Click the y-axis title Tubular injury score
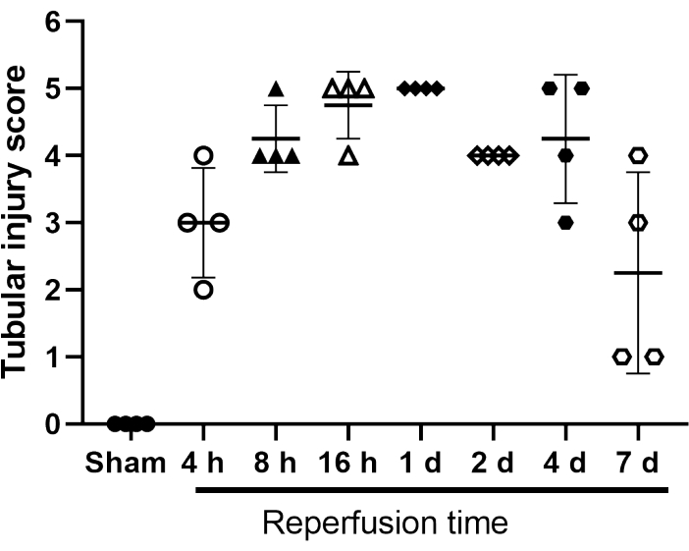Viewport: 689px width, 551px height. (18, 223)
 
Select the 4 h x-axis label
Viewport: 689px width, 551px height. (203, 462)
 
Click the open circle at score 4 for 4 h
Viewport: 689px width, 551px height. (203, 155)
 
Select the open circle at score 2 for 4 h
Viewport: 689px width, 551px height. (203, 289)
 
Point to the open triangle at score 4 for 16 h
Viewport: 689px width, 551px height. (347, 156)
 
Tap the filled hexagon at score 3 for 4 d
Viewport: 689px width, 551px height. (565, 222)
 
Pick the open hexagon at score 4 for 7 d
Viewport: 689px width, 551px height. (637, 155)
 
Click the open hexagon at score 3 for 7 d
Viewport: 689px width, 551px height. (637, 222)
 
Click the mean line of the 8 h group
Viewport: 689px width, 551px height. (276, 138)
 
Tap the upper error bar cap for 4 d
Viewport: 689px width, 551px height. (564, 75)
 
